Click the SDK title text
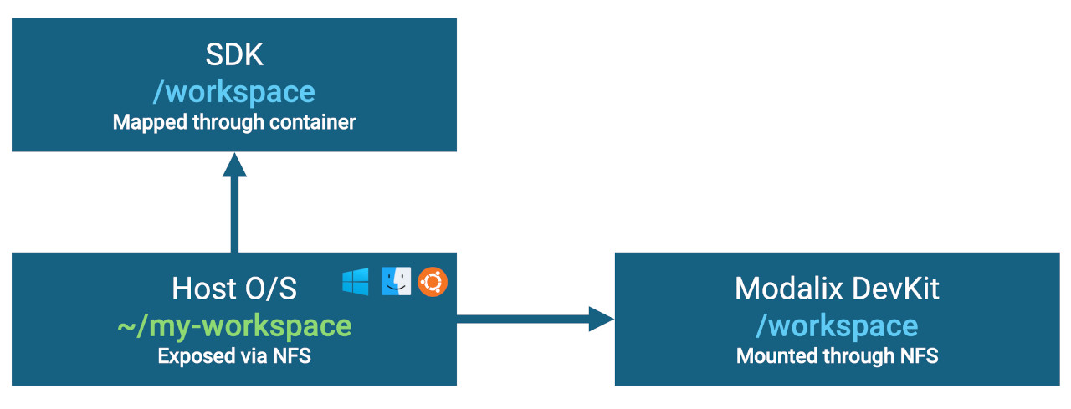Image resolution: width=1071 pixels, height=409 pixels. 234,55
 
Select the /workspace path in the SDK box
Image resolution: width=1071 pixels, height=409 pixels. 234,91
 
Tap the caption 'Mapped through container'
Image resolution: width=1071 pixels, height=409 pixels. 234,122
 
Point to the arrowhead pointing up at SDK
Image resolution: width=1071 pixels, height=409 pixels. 234,165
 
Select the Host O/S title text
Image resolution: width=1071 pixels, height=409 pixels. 234,289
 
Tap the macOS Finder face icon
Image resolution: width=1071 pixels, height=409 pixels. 395,282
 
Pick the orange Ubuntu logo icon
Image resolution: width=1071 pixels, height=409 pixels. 433,282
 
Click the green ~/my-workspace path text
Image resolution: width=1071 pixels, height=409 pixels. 234,325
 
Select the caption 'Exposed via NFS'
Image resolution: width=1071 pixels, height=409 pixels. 234,356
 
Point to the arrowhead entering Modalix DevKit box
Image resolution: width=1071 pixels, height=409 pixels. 602,319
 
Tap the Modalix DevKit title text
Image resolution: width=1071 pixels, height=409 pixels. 837,289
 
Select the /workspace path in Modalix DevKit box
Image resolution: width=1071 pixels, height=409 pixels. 837,325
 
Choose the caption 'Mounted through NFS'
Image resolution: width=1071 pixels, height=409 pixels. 837,356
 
